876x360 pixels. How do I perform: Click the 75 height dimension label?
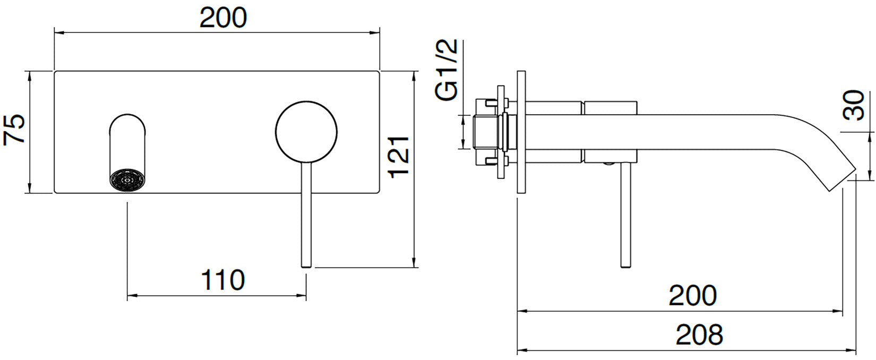tap(15, 128)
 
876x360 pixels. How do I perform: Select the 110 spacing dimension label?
tap(223, 280)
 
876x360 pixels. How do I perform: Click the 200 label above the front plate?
tap(223, 18)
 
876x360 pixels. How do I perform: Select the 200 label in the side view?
tap(692, 296)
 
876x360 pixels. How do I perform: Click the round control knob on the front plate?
tap(306, 131)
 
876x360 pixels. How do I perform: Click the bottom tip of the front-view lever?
tap(306, 265)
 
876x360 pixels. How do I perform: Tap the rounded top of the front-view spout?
tap(127, 119)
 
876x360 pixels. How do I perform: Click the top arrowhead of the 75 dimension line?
tap(30, 75)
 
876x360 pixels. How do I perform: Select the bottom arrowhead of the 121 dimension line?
tap(414, 264)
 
